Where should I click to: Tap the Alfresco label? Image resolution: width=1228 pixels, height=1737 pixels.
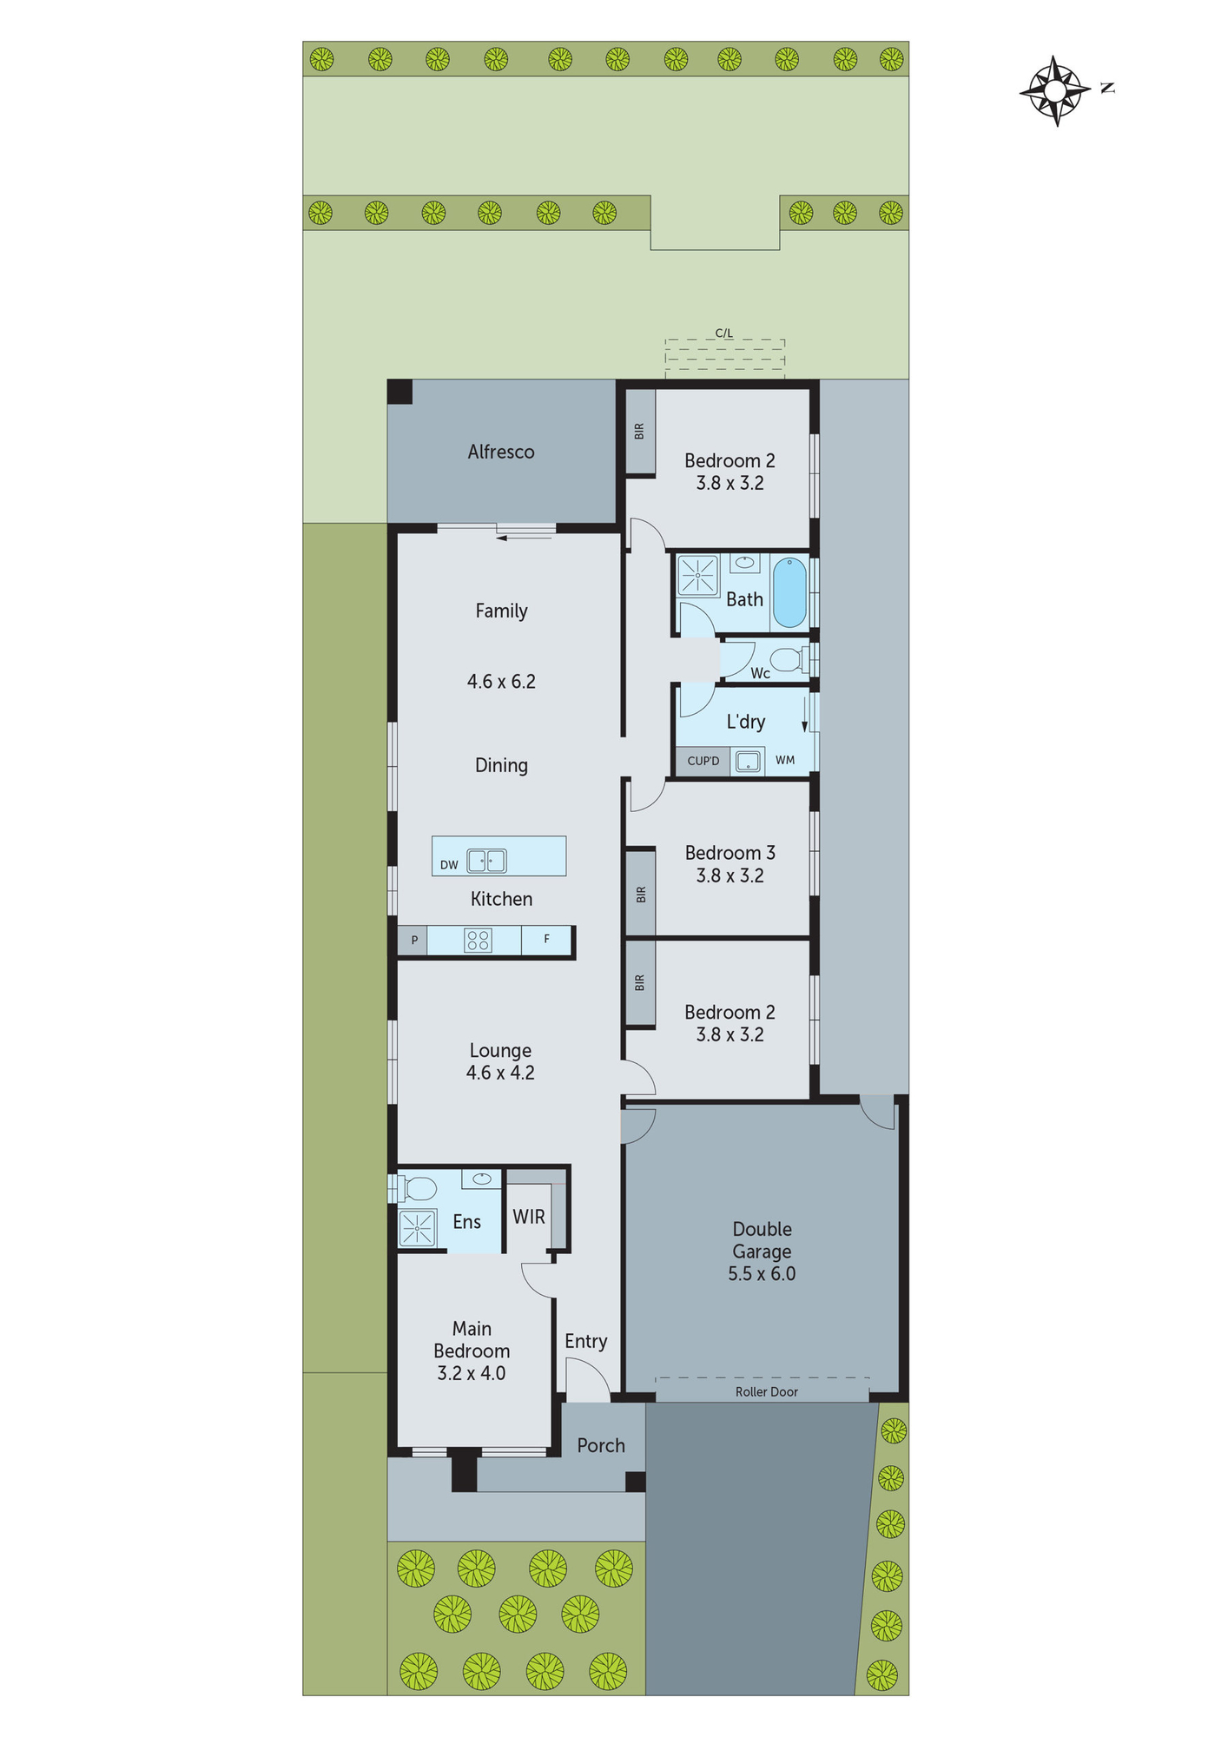click(x=500, y=452)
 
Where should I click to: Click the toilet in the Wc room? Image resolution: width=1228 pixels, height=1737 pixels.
click(x=788, y=659)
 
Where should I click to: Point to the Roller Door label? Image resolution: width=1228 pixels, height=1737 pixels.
click(x=766, y=1391)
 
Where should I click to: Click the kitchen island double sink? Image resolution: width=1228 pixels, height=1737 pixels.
click(x=486, y=861)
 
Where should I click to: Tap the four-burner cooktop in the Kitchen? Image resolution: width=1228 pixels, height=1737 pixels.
click(x=478, y=940)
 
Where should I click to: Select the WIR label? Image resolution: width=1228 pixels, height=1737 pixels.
click(x=528, y=1217)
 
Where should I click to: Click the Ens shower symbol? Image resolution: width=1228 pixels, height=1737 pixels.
click(x=417, y=1228)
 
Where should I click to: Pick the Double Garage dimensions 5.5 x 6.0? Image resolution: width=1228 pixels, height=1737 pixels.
click(x=762, y=1274)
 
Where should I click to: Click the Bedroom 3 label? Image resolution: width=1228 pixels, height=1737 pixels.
click(x=730, y=853)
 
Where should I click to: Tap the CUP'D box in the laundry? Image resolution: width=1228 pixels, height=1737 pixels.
click(x=703, y=761)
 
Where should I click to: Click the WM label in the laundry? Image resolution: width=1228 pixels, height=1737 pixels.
click(x=784, y=760)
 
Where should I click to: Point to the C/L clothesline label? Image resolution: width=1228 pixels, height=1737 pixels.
click(x=723, y=333)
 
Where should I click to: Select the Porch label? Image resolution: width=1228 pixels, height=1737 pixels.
click(x=601, y=1445)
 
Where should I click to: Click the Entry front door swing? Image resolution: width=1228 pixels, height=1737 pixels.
click(x=587, y=1378)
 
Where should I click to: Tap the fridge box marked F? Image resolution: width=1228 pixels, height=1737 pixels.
click(x=546, y=939)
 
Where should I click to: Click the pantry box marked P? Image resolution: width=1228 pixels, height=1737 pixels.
click(x=414, y=940)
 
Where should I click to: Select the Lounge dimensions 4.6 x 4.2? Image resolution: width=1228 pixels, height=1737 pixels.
click(x=500, y=1073)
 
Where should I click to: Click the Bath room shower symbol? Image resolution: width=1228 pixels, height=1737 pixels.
click(x=698, y=574)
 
